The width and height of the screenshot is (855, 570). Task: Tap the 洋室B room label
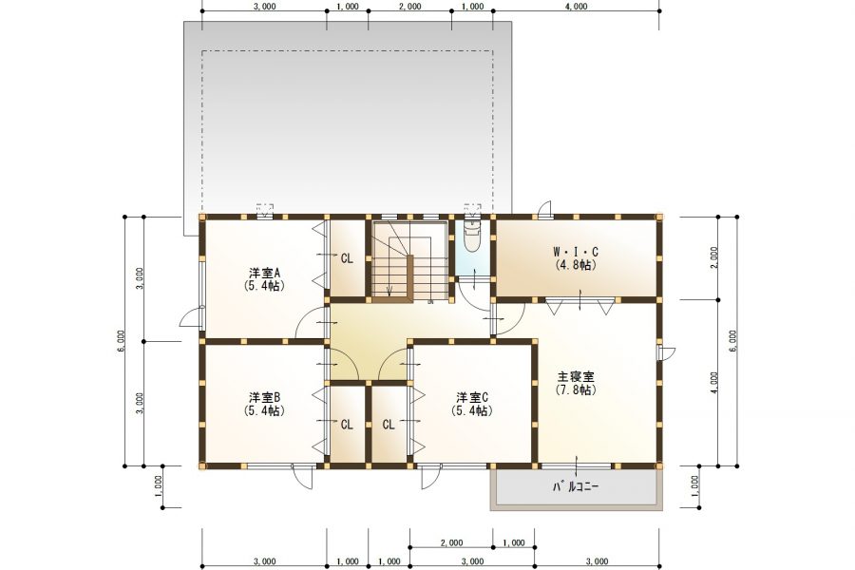click(x=263, y=397)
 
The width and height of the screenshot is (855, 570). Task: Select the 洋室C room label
click(x=471, y=397)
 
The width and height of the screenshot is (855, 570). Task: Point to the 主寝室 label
click(x=576, y=376)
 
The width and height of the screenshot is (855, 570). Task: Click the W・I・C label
click(x=576, y=252)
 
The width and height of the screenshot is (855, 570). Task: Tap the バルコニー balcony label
click(x=576, y=487)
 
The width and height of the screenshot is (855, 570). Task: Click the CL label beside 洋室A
click(x=347, y=257)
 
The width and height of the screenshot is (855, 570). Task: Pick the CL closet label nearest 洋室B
click(x=347, y=425)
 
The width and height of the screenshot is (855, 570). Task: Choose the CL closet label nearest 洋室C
click(x=389, y=425)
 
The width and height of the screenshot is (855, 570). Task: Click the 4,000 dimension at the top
click(x=576, y=7)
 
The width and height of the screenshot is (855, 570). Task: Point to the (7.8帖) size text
click(x=576, y=389)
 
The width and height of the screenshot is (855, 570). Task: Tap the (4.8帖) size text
click(x=576, y=265)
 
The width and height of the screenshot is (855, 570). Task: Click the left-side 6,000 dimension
click(x=122, y=341)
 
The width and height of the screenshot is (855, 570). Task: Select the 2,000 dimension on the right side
click(x=713, y=257)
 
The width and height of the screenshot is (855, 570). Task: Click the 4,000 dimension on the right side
click(x=713, y=382)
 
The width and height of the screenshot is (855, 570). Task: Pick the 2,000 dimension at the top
click(x=409, y=7)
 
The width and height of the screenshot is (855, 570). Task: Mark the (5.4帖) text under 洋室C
click(x=471, y=411)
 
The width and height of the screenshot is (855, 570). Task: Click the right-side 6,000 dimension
click(x=732, y=341)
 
